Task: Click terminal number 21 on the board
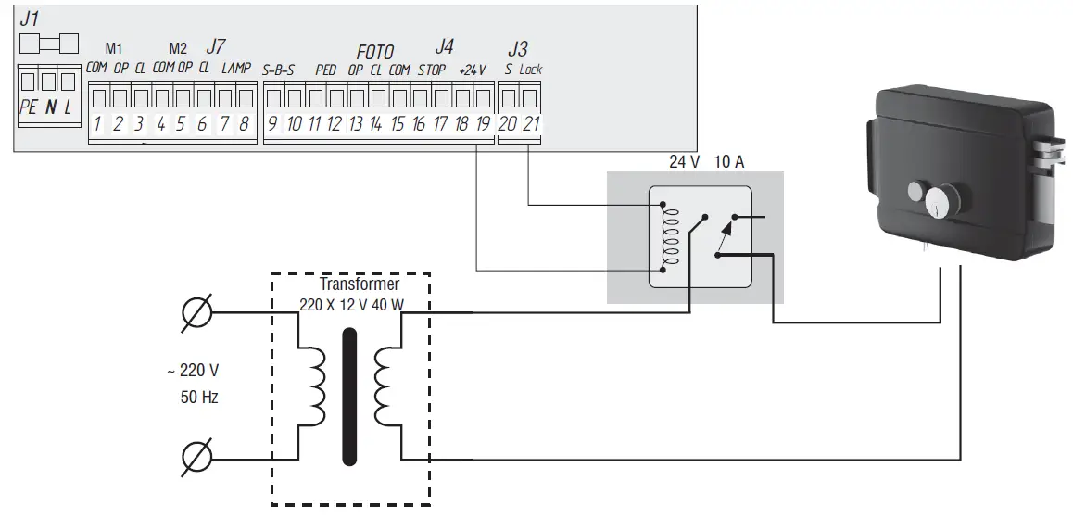pos(530,125)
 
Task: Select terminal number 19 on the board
pos(482,125)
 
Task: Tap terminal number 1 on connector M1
pos(96,125)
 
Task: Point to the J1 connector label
pos(30,17)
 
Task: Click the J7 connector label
pos(215,45)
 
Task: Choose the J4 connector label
pos(445,45)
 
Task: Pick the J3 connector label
pos(518,48)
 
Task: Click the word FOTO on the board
pos(375,52)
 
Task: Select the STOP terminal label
pos(432,70)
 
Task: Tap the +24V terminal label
pos(473,70)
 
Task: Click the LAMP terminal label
pos(236,69)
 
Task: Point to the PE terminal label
pos(29,108)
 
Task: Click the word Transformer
pos(360,284)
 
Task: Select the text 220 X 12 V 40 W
pos(353,303)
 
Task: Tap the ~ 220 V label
pos(193,371)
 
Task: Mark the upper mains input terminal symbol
pos(199,312)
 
